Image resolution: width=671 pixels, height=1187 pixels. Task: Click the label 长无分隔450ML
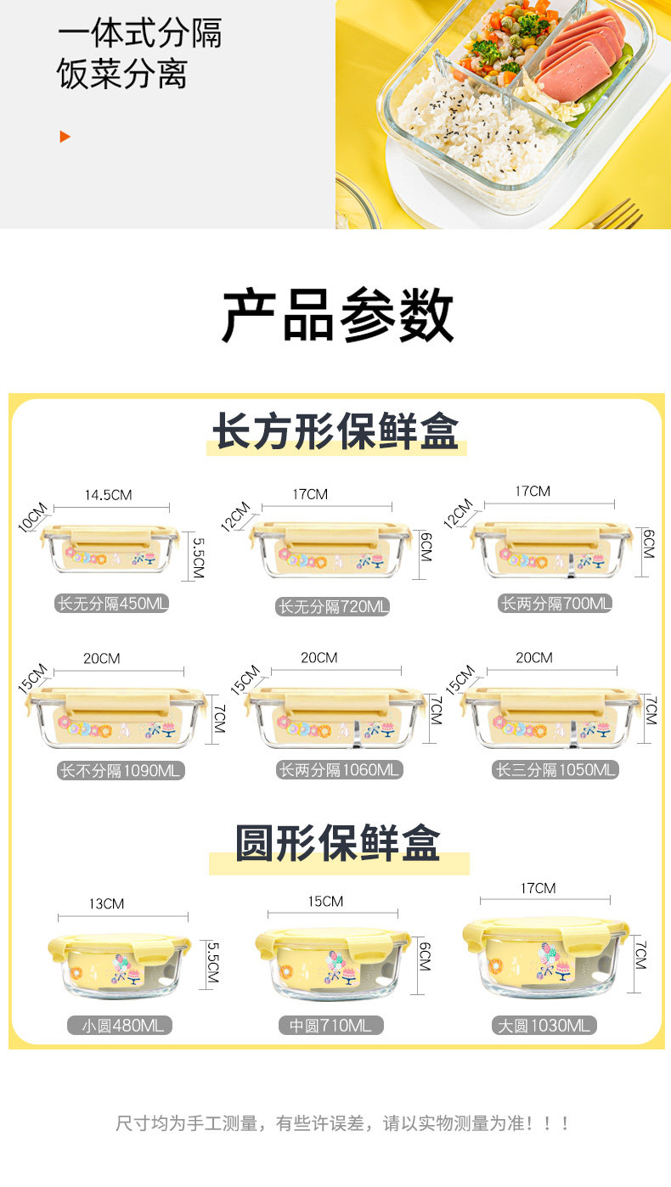click(112, 605)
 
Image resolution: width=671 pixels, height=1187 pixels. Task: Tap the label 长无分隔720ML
click(334, 607)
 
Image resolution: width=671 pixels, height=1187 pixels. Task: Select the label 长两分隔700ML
click(555, 605)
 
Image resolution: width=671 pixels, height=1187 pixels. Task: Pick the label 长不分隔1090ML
click(121, 771)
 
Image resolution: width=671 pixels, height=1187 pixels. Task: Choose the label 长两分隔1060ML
click(339, 771)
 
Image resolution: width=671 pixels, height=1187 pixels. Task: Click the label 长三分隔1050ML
click(555, 770)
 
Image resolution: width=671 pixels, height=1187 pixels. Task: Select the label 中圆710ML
click(330, 1026)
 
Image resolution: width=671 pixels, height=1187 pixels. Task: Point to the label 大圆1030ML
click(544, 1026)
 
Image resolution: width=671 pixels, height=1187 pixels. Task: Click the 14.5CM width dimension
click(108, 495)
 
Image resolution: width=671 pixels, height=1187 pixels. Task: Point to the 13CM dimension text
click(106, 904)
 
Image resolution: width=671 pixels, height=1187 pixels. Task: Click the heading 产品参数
click(337, 316)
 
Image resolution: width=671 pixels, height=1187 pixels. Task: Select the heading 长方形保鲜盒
click(335, 432)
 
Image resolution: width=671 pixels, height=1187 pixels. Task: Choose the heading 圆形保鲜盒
click(338, 843)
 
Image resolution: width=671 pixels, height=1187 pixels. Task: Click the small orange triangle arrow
click(65, 136)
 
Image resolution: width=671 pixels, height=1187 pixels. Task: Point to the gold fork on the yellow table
click(616, 217)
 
